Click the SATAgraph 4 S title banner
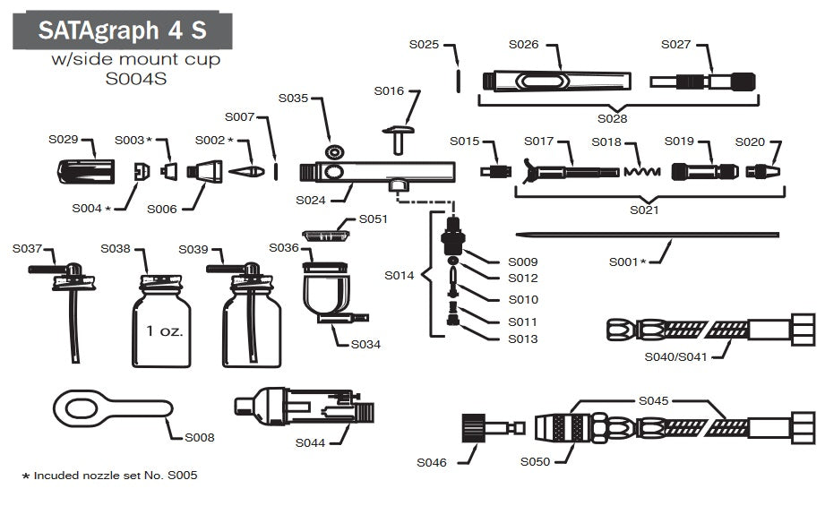[x=122, y=30]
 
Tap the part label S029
[x=64, y=140]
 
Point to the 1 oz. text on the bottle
[x=164, y=330]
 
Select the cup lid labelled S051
[x=324, y=235]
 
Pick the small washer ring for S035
[x=335, y=149]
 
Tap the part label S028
[x=613, y=117]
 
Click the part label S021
[x=643, y=210]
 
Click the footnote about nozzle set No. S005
[x=108, y=476]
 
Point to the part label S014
[x=400, y=275]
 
